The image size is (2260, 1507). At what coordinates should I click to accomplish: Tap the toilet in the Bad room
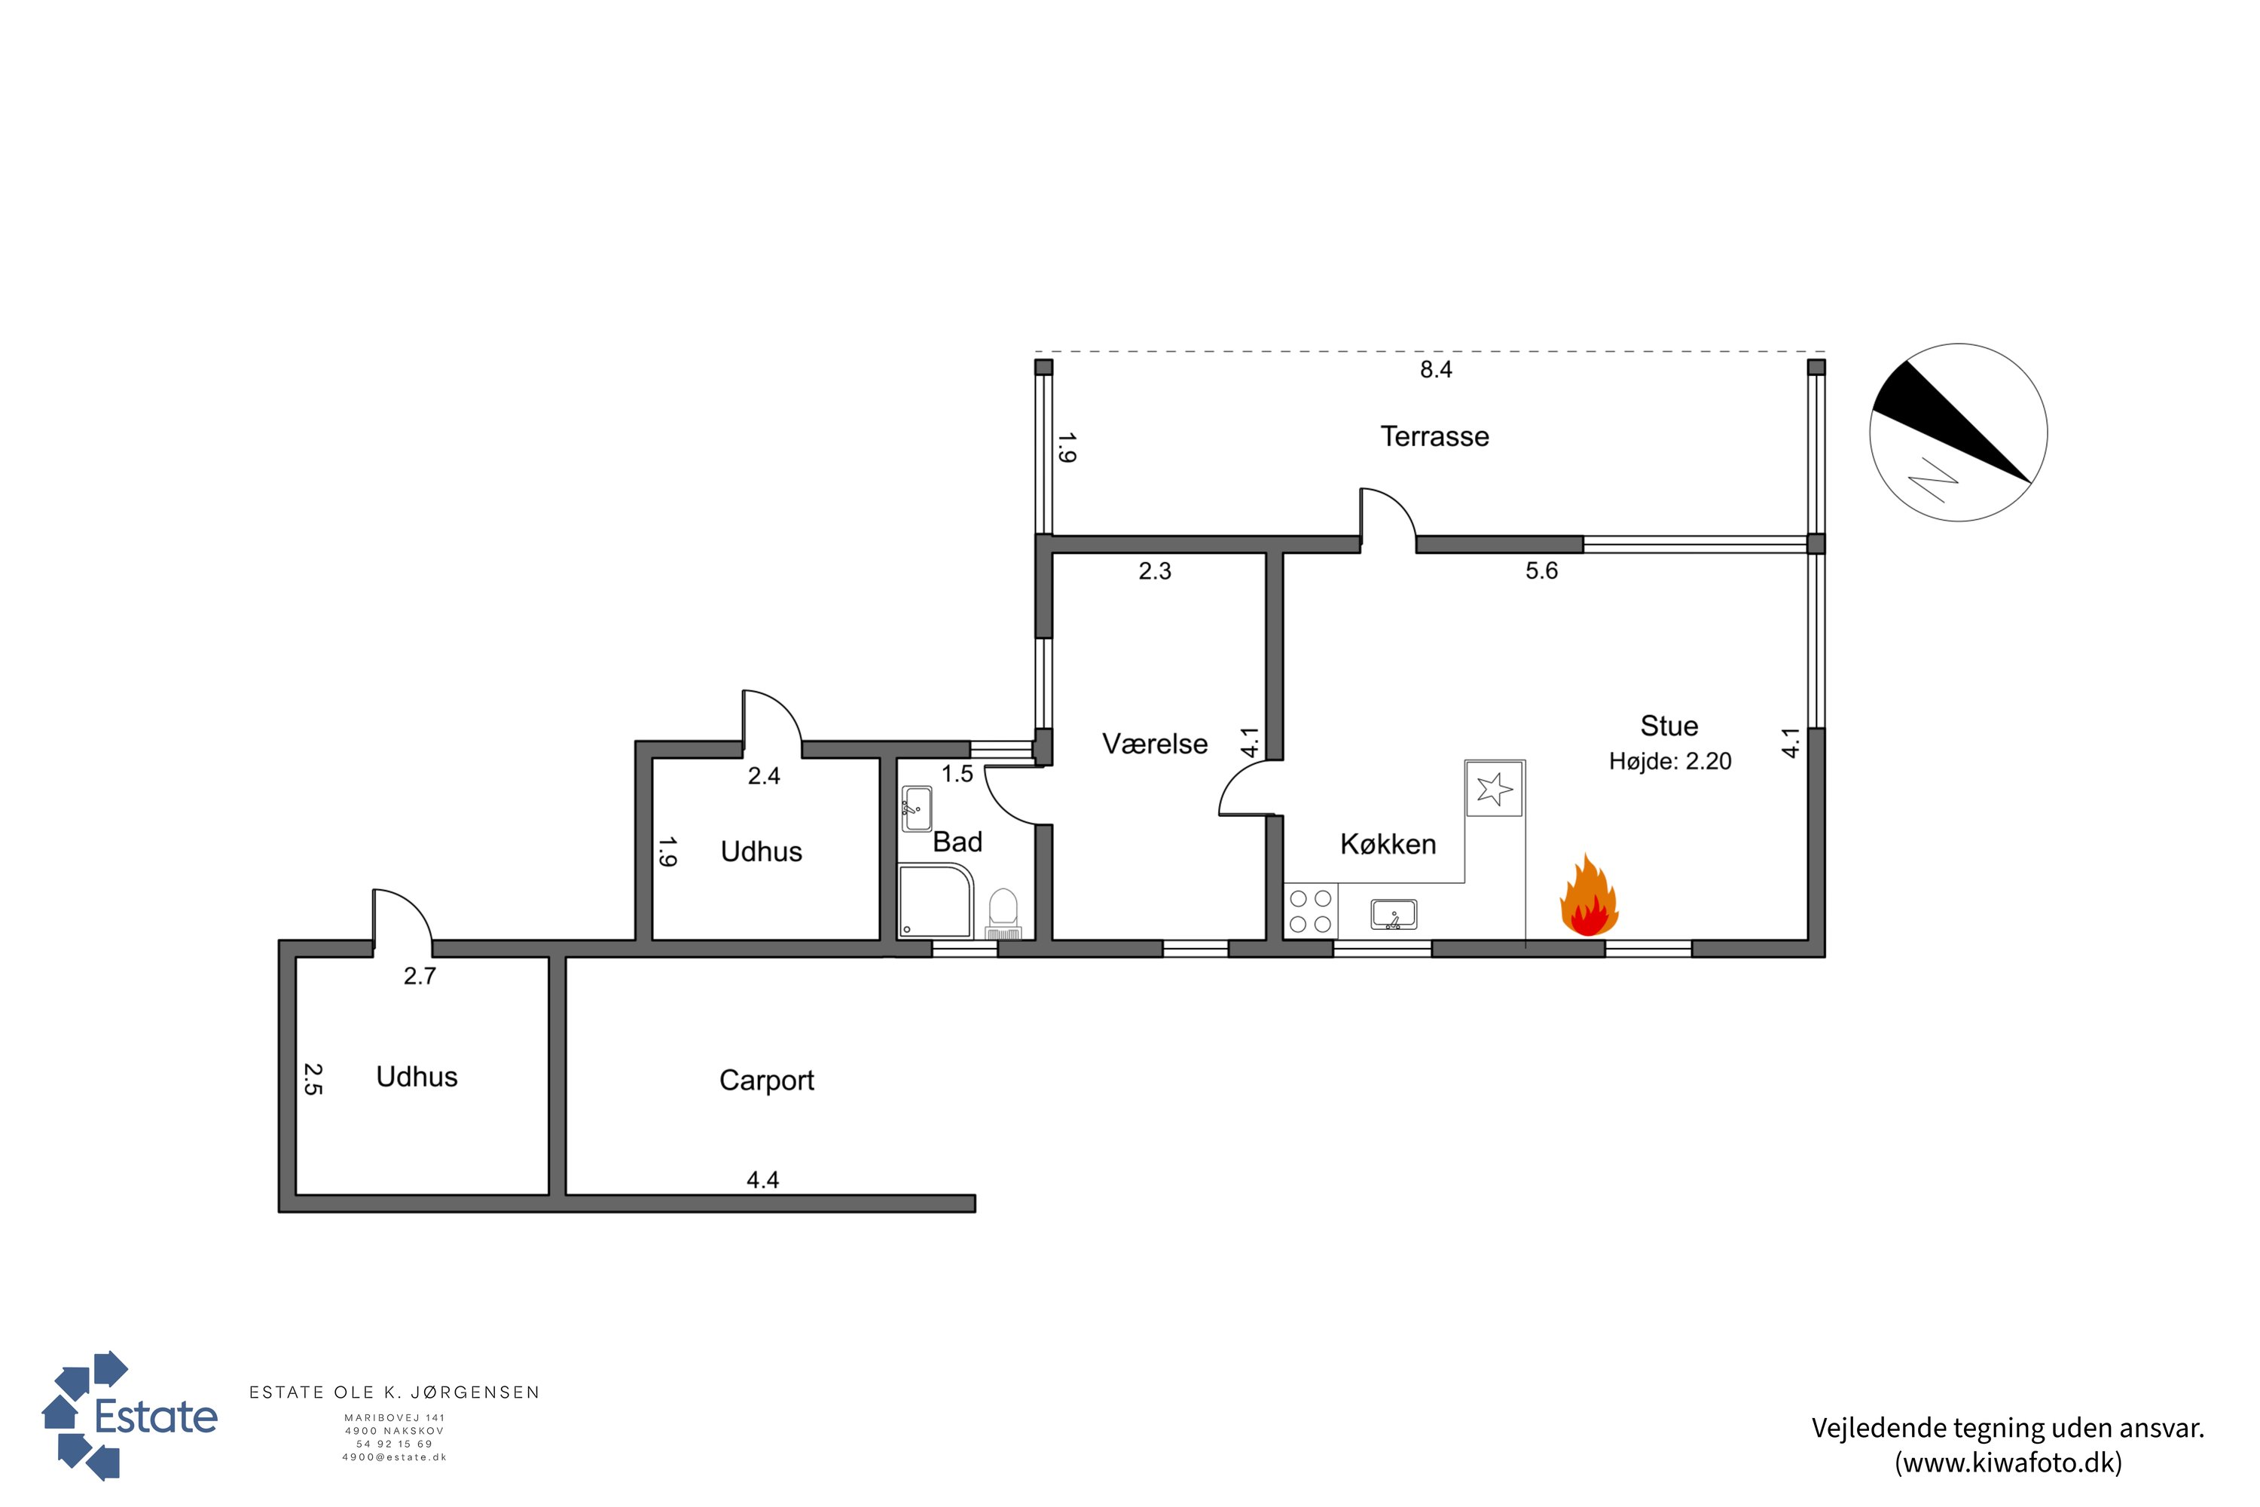click(x=1003, y=913)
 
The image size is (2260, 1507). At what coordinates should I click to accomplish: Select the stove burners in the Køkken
click(x=1311, y=911)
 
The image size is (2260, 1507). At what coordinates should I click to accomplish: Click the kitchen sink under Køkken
click(x=1393, y=915)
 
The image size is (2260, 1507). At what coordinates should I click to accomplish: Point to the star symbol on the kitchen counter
click(x=1494, y=789)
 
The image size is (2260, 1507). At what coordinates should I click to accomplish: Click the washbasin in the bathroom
click(x=917, y=809)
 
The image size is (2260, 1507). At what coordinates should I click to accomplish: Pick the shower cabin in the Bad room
click(x=936, y=900)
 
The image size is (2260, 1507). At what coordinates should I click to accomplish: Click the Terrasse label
click(x=1434, y=436)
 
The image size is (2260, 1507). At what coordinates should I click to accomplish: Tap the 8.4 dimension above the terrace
click(x=1436, y=369)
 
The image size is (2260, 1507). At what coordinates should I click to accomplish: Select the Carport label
click(x=767, y=1081)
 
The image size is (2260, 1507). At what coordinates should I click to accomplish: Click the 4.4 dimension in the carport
click(x=763, y=1179)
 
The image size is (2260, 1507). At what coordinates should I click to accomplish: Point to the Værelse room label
click(x=1155, y=744)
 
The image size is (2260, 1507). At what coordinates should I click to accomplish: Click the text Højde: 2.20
click(x=1670, y=761)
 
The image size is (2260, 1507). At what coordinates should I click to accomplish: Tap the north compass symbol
click(x=1958, y=433)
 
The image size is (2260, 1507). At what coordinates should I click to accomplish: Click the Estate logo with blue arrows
click(x=130, y=1415)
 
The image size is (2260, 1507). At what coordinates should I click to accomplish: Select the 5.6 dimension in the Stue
click(x=1541, y=571)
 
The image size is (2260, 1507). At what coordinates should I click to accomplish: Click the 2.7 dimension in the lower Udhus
click(x=420, y=977)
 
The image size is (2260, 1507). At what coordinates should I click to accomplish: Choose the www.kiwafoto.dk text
click(x=2008, y=1463)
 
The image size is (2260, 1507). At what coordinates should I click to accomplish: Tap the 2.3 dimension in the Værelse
click(x=1155, y=571)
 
